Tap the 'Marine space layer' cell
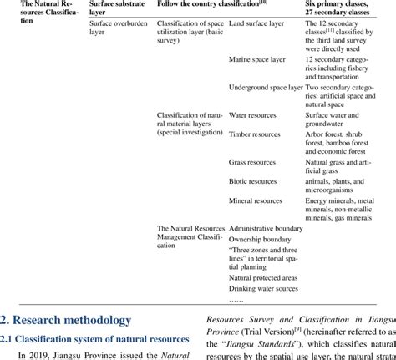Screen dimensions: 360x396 [258, 75]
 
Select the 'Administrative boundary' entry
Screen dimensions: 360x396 [267, 227]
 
